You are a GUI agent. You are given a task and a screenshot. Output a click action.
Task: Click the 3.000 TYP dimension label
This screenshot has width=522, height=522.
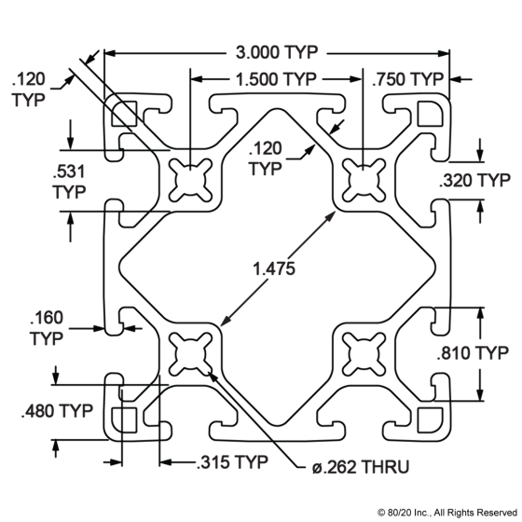[x=277, y=52]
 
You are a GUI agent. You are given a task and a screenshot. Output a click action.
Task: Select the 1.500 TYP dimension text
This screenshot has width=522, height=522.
[x=276, y=79]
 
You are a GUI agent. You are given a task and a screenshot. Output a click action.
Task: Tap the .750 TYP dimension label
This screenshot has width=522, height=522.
[x=408, y=79]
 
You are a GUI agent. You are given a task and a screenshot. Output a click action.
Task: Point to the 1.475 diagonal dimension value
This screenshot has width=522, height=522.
[x=274, y=268]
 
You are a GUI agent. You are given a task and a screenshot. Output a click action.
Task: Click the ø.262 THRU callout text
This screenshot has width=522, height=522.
[x=361, y=467]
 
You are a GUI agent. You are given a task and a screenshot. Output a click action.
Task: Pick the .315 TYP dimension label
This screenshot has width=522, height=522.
[x=232, y=462]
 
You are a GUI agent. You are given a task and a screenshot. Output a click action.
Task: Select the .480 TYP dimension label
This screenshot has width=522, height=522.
[x=57, y=411]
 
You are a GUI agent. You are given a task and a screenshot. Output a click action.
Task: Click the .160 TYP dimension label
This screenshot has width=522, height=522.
[x=47, y=328]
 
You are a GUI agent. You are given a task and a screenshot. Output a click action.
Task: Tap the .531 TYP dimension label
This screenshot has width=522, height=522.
[x=69, y=182]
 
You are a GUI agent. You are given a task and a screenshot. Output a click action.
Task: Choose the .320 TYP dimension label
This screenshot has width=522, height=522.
[x=474, y=181]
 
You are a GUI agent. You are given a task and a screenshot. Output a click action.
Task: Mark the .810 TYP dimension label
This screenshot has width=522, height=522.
[x=473, y=353]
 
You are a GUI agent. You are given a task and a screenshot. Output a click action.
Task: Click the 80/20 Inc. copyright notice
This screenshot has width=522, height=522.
[x=447, y=512]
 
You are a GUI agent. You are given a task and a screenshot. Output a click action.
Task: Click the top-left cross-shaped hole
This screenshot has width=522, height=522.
[x=190, y=180]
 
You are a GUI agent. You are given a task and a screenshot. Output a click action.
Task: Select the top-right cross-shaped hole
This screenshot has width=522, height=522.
[x=364, y=180]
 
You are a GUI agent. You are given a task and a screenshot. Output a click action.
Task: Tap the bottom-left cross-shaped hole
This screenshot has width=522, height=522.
[x=190, y=354]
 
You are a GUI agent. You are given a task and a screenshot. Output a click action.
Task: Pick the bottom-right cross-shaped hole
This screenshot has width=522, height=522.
[x=364, y=354]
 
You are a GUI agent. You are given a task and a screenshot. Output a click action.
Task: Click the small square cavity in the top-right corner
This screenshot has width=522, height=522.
[x=430, y=114]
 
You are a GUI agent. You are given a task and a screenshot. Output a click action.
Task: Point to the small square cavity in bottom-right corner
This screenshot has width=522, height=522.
[x=430, y=419]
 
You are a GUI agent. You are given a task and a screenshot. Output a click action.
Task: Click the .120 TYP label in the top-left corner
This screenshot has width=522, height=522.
[x=28, y=89]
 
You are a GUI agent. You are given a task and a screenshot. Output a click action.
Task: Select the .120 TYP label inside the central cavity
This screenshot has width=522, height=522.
[x=266, y=158]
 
